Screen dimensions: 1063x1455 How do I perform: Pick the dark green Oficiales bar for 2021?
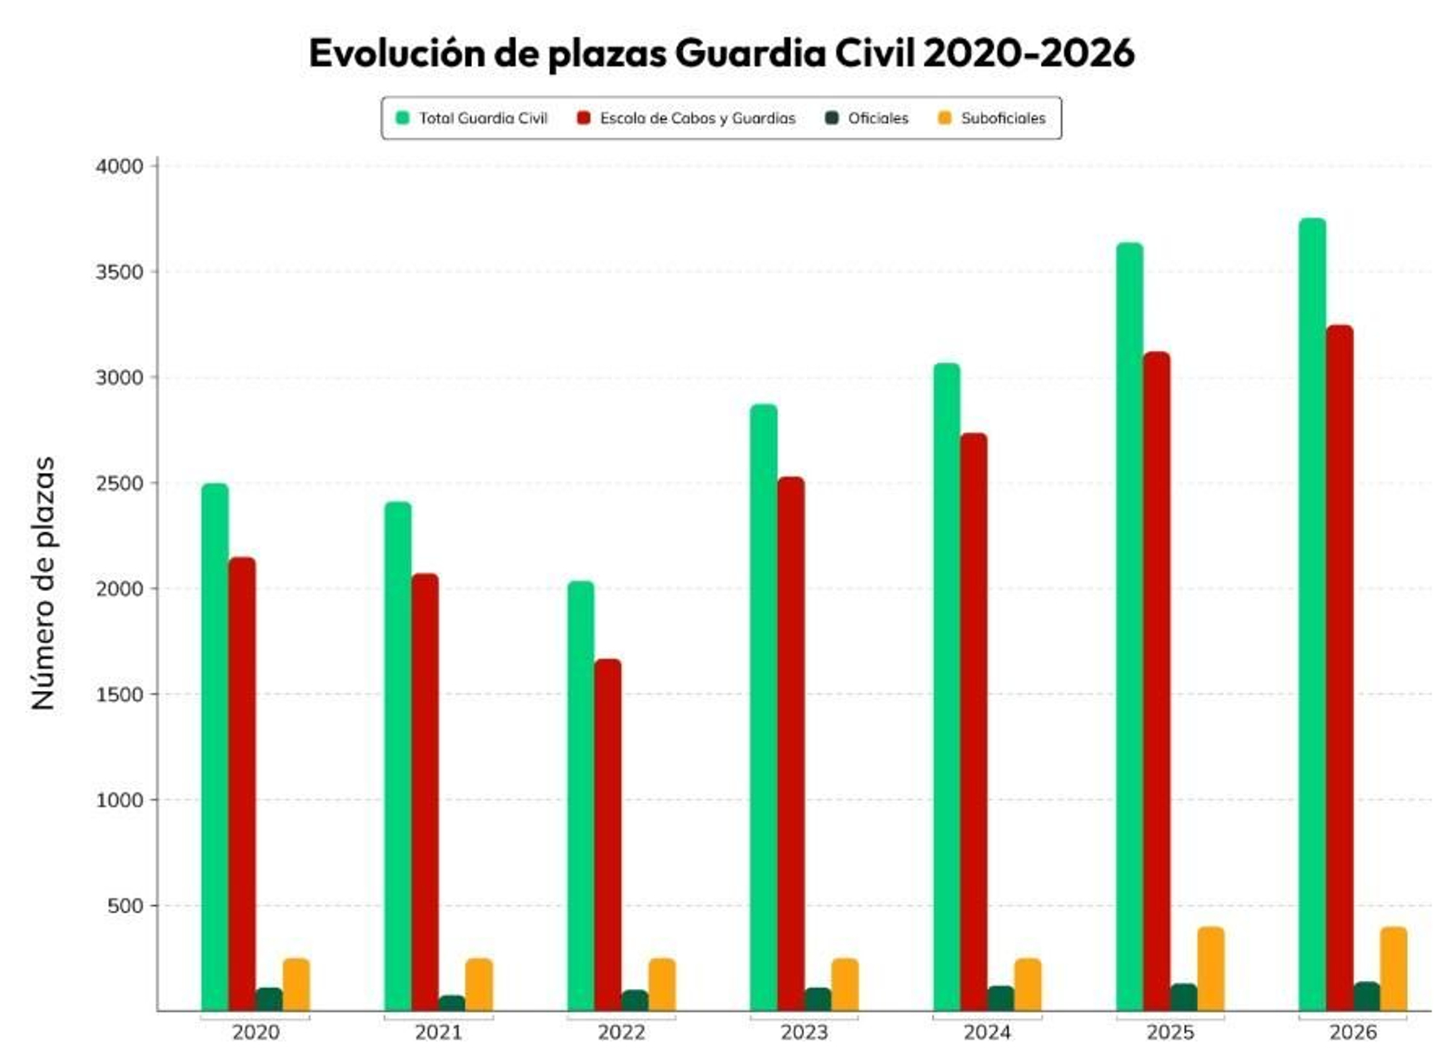coord(452,1003)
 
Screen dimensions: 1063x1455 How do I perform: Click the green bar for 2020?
coord(215,746)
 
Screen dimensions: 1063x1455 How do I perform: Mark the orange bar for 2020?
coord(296,984)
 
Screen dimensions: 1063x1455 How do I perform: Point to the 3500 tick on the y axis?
coord(119,272)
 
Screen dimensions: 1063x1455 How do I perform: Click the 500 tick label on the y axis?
coord(125,906)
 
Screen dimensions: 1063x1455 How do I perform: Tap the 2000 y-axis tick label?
coord(119,588)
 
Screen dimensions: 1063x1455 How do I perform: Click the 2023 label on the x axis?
coord(804,1033)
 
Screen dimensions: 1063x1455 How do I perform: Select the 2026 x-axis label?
coord(1352,1033)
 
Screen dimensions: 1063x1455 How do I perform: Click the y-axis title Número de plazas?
coord(44,582)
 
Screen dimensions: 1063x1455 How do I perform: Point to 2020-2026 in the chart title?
coord(1029,54)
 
